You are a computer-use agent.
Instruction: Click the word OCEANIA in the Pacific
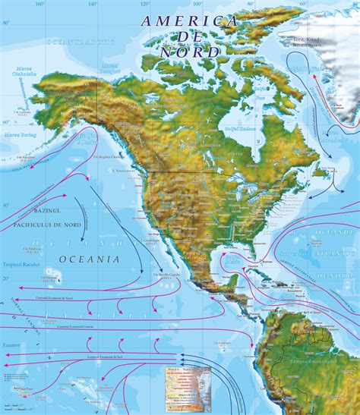tap(88, 259)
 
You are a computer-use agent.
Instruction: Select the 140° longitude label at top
tap(92, 4)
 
